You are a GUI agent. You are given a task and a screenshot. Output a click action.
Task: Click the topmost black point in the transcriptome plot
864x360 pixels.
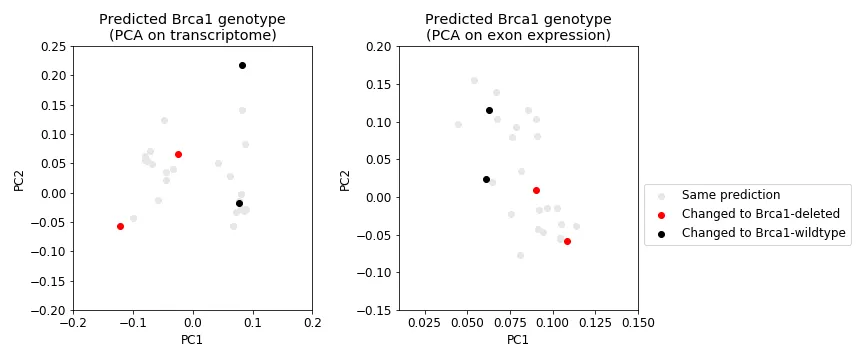coord(242,66)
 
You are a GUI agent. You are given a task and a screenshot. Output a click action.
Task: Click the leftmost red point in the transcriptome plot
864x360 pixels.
coord(120,226)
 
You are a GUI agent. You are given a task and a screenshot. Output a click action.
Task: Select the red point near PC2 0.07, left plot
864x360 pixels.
coord(178,154)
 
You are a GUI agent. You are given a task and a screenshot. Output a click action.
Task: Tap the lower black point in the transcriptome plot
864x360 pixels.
coord(239,203)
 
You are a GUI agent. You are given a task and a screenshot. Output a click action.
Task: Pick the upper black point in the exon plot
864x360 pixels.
coord(489,110)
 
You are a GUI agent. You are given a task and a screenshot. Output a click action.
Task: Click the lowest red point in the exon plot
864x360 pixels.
coord(567,241)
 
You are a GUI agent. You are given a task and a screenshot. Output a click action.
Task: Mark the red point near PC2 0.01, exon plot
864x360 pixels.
coord(536,190)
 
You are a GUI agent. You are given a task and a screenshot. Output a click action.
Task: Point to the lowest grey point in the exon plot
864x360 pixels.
coord(520,255)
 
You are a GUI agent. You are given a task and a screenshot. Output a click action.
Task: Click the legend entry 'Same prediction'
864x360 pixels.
coord(730,195)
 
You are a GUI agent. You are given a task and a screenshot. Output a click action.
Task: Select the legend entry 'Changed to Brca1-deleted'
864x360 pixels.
coord(760,214)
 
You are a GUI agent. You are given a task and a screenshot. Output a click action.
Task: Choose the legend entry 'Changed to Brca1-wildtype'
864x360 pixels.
coord(763,233)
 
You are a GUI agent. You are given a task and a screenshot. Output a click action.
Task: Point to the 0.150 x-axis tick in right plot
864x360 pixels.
coord(638,323)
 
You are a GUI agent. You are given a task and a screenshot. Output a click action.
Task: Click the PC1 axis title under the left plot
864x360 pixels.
coord(192,340)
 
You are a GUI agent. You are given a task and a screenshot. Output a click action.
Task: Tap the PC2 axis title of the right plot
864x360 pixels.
coord(345,178)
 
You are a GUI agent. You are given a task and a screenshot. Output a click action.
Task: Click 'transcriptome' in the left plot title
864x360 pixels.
coord(228,36)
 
